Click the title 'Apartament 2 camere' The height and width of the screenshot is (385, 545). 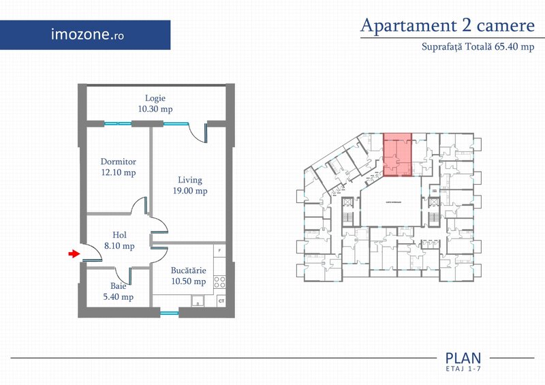[x=448, y=26]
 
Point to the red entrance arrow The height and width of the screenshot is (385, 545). [x=73, y=254]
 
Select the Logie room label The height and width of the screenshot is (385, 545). [x=155, y=97]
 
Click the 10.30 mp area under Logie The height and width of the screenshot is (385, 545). [x=155, y=108]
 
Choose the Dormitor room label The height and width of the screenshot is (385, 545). [x=119, y=162]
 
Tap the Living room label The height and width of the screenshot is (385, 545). [x=190, y=180]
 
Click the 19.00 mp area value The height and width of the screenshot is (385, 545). [x=190, y=191]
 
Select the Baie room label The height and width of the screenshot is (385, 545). [x=119, y=286]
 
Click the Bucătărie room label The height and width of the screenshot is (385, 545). [x=189, y=271]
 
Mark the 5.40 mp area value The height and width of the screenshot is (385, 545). [x=119, y=297]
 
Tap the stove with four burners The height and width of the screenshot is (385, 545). [x=220, y=280]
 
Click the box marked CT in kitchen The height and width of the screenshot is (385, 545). [x=221, y=301]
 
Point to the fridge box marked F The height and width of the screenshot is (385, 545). [x=220, y=251]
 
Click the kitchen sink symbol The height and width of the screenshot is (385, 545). [x=197, y=300]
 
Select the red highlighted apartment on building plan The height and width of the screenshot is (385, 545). [x=398, y=155]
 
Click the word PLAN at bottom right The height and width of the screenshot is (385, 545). [x=463, y=358]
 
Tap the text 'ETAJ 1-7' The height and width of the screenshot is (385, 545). [x=463, y=369]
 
